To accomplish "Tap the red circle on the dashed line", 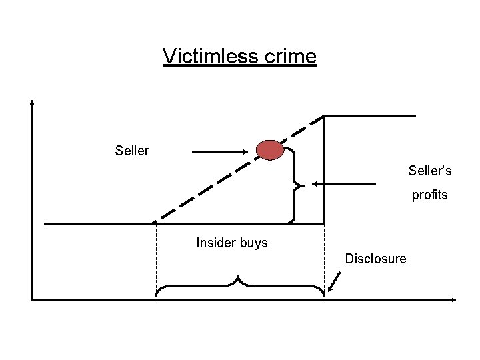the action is [x=271, y=151].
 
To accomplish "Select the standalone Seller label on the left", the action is [x=132, y=151].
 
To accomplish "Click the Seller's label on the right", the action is [x=430, y=171].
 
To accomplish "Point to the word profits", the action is [x=430, y=196].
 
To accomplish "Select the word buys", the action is [x=253, y=243].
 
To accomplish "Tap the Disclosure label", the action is [x=375, y=259].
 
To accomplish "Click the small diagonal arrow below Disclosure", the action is [x=333, y=283].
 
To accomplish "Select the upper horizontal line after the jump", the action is [x=370, y=116].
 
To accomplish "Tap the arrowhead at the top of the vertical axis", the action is [x=32, y=104].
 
